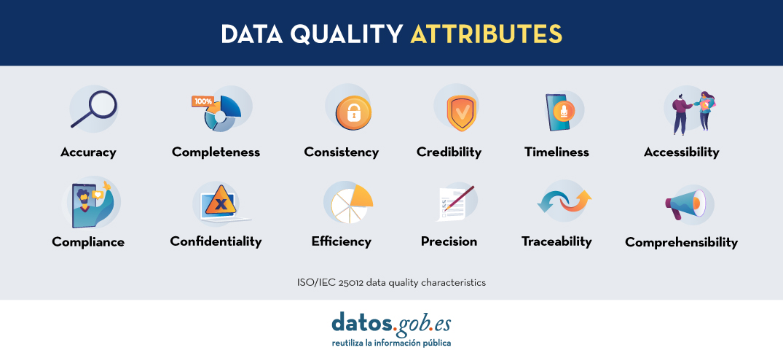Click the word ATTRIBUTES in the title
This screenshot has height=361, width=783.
[x=487, y=34]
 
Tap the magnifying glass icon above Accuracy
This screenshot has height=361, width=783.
[x=94, y=109]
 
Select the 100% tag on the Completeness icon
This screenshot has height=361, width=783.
[x=203, y=101]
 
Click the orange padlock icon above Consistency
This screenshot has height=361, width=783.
[x=353, y=113]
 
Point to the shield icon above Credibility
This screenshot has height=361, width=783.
[x=461, y=112]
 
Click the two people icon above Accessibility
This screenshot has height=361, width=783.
[x=693, y=113]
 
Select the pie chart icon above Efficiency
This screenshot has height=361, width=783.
[x=352, y=203]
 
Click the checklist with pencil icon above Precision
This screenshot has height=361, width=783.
[x=455, y=203]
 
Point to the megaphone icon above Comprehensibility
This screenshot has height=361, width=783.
[x=685, y=204]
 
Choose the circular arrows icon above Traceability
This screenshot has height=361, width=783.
[x=564, y=201]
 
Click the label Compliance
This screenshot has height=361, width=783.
[x=88, y=242]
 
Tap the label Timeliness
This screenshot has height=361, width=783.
[x=556, y=152]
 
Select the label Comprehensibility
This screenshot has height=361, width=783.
[x=681, y=243]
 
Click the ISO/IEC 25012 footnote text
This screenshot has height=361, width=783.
[x=392, y=282]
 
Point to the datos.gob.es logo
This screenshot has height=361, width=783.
[x=391, y=324]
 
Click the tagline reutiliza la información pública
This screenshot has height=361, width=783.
[x=392, y=343]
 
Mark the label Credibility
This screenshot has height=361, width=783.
[x=449, y=152]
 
